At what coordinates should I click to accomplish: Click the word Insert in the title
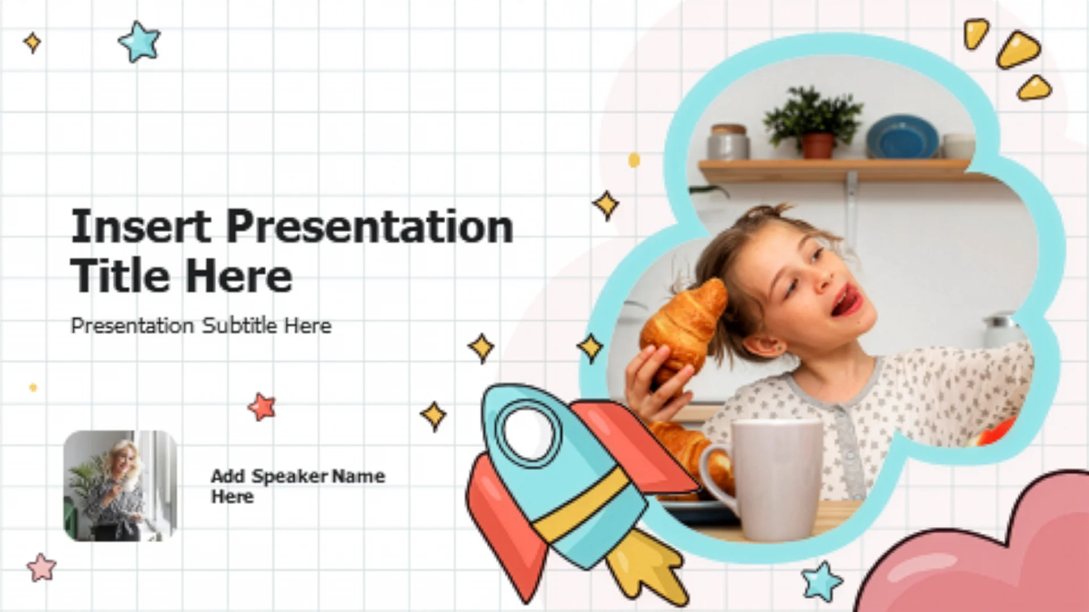[141, 226]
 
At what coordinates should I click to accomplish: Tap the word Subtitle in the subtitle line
[239, 325]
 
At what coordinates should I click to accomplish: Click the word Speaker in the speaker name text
[289, 477]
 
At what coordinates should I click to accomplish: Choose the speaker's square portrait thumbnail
[120, 486]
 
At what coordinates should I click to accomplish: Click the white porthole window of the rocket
[528, 432]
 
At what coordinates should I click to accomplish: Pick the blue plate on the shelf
[902, 137]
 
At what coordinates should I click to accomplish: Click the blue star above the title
[140, 41]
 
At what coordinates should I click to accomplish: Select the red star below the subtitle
[262, 406]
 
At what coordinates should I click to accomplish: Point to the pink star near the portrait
[41, 568]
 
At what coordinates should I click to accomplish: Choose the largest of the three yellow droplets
[1019, 50]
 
